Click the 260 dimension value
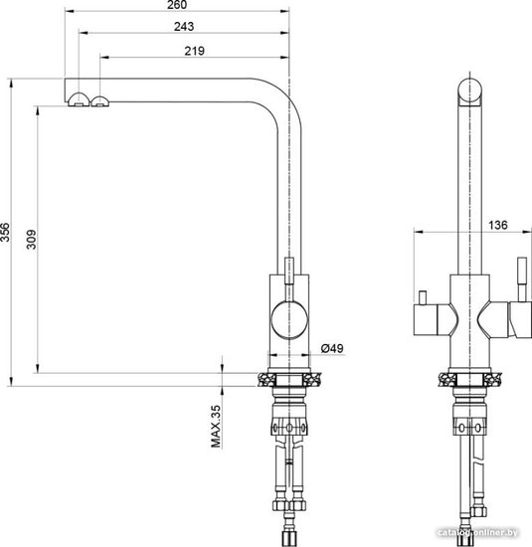point(177,5)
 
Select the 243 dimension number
point(184,27)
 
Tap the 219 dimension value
point(194,51)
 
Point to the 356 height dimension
point(5,232)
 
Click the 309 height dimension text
point(32,240)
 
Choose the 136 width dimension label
point(497,225)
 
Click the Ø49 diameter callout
point(332,348)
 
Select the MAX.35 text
point(216,427)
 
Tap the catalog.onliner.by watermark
point(477,533)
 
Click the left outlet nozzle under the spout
point(79,99)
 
